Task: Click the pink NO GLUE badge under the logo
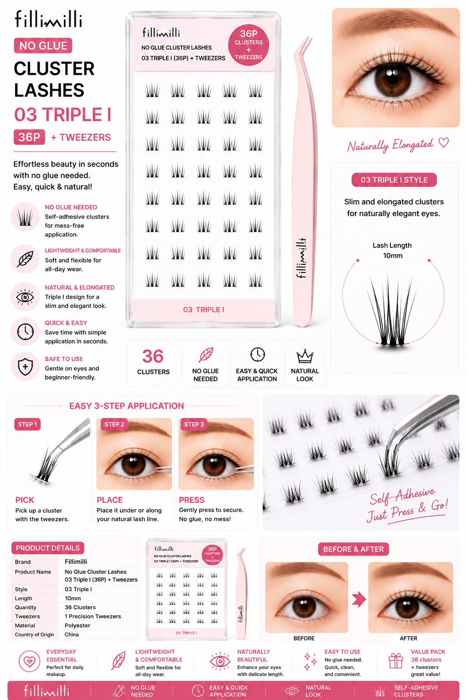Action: [43, 46]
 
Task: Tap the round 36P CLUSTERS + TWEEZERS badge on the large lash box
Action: [249, 45]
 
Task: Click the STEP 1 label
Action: [27, 424]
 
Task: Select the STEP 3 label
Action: [194, 424]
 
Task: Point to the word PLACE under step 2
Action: [109, 500]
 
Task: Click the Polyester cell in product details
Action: [77, 625]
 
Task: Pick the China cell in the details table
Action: [72, 634]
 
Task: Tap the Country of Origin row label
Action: [34, 634]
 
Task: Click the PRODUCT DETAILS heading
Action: [47, 548]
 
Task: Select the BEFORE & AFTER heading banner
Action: [353, 549]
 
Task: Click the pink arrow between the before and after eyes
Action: [359, 599]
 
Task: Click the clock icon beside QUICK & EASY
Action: [26, 332]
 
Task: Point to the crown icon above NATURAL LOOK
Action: [305, 356]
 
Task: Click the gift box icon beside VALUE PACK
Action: [396, 661]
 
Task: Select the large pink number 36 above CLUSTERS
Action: [153, 356]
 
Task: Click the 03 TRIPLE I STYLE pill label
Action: [394, 180]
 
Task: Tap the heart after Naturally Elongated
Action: [444, 143]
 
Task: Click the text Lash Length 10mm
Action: [392, 250]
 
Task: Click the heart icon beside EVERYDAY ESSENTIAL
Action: [29, 661]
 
